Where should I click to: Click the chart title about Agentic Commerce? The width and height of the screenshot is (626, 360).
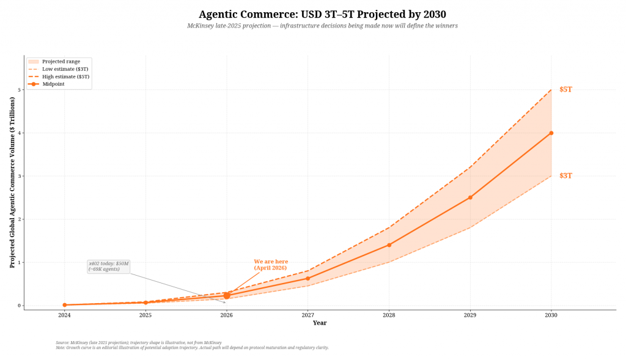tap(322, 14)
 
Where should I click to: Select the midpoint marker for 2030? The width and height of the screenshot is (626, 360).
tap(551, 133)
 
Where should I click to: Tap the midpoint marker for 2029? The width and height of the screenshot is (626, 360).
tap(470, 197)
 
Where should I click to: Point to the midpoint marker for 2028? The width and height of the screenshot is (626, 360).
tap(389, 245)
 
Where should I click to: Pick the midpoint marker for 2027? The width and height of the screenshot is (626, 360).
tap(307, 278)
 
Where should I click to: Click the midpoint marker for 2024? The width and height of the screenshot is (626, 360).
tap(64, 305)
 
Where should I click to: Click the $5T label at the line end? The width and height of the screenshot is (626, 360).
tap(565, 89)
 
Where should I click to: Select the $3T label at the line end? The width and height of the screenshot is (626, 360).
tap(565, 175)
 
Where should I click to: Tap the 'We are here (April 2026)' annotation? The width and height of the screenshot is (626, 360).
tap(271, 265)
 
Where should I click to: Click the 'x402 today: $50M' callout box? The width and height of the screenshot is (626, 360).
tap(109, 266)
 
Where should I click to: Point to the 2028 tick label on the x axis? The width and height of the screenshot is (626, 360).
tap(389, 315)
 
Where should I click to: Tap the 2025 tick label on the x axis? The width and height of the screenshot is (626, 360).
tap(145, 315)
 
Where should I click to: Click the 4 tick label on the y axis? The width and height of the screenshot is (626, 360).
tap(19, 133)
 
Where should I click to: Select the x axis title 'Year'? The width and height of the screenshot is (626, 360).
tap(320, 323)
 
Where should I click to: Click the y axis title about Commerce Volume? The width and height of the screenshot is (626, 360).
tap(12, 182)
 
